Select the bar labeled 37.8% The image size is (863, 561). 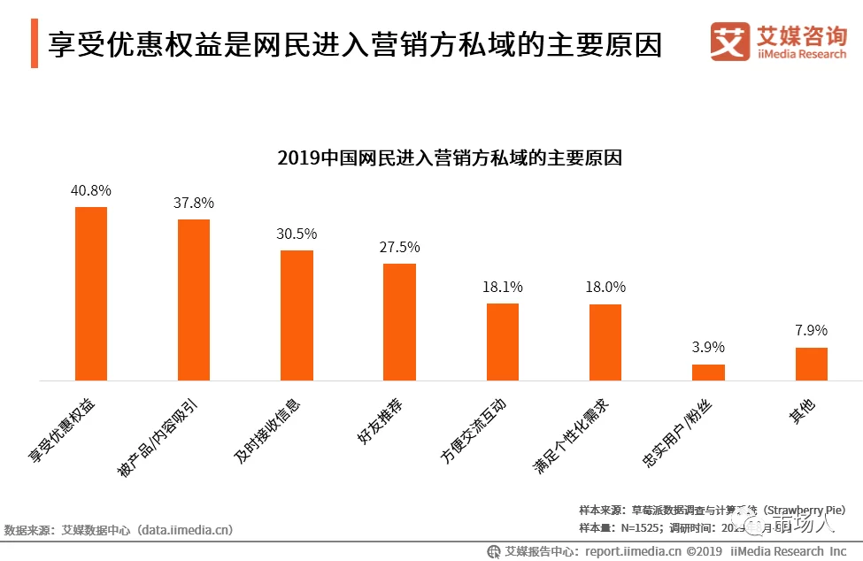pos(194,300)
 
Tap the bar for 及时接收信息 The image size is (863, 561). pos(297,315)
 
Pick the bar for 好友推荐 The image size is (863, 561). pos(399,322)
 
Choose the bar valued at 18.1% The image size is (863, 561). pos(503,342)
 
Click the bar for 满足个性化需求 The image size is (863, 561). pos(605,342)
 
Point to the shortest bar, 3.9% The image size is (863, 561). pos(708,373)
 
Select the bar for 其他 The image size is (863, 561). pos(811,364)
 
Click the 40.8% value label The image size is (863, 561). pos(91,189)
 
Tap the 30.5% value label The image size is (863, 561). pos(297,234)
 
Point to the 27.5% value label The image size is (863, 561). pos(399,247)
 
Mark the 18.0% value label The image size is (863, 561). pos(605,287)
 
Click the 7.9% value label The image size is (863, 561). pos(811,330)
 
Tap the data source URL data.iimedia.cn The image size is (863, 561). pos(186,530)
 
